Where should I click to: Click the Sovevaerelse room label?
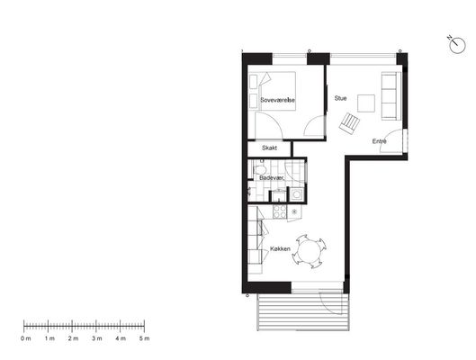[x=277, y=100]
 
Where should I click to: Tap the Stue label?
[x=340, y=98]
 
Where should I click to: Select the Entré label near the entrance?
[x=379, y=141]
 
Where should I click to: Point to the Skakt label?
[x=269, y=148]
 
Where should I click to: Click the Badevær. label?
[x=272, y=178]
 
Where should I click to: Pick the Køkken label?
[x=280, y=249]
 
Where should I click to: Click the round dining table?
[x=309, y=252]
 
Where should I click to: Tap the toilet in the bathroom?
[x=260, y=169]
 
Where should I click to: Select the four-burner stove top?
[x=280, y=211]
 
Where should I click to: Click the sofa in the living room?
[x=391, y=96]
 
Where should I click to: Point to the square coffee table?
[x=366, y=103]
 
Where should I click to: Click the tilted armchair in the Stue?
[x=349, y=122]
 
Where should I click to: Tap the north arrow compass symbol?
[x=456, y=45]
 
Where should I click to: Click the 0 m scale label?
[x=26, y=338]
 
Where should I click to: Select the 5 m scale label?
[x=145, y=338]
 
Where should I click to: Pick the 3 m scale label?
[x=97, y=338]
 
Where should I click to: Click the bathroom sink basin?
[x=279, y=195]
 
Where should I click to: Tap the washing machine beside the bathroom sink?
[x=296, y=193]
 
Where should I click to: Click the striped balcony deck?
[x=303, y=311]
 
